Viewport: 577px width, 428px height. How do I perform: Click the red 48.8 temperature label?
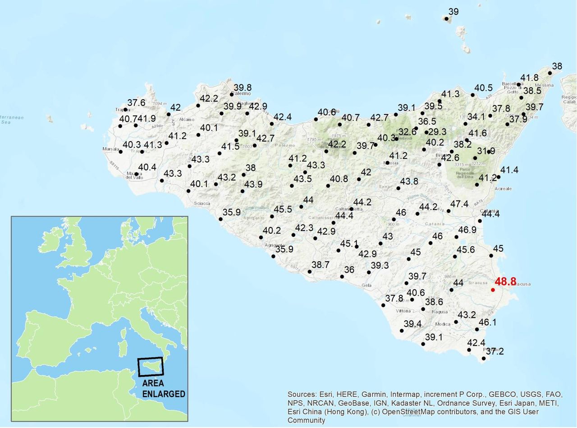coord(505,282)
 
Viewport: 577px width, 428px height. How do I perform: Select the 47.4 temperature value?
coord(459,204)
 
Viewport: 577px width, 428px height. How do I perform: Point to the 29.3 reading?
coord(437,132)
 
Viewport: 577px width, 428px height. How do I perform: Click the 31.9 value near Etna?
coord(486,151)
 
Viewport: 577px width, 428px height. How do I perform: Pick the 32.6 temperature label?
coord(408,132)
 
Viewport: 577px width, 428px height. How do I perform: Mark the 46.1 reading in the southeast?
coord(487,322)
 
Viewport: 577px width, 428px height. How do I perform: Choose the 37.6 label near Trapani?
coord(136,103)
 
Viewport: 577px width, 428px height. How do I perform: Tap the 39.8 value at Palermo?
coord(243,88)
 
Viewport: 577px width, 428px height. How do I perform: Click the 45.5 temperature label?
coord(283,209)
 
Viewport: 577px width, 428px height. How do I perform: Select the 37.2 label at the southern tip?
coord(495,351)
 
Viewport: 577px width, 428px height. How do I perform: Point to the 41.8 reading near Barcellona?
coord(529,78)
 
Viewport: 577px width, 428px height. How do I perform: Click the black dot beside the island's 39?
coord(446,18)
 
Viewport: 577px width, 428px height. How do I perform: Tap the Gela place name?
coord(366,285)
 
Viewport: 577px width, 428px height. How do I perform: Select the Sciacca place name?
coord(202,203)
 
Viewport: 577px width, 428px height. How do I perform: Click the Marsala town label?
coord(111,149)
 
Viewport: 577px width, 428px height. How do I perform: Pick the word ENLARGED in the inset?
coord(164,394)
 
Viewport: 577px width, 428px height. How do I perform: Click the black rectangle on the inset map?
coord(151,367)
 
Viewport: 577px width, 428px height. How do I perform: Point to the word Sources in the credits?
coord(302,393)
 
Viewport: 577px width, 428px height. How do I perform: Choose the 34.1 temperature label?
coord(476,117)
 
